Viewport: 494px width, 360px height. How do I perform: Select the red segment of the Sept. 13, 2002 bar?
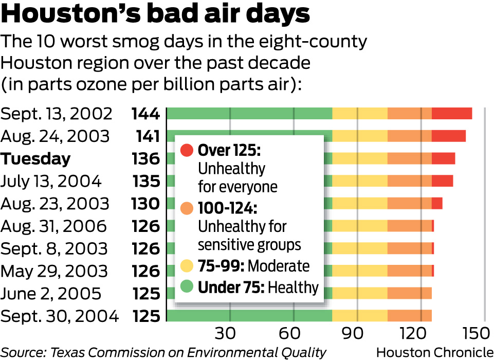tap(451, 114)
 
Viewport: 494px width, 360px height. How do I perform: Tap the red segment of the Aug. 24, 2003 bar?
tap(448, 136)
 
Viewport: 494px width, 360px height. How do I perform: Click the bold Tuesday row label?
tap(35, 159)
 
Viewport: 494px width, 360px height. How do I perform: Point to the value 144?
tap(145, 114)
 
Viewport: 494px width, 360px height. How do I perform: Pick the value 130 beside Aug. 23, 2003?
tap(145, 204)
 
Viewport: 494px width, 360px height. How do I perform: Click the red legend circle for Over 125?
tap(187, 151)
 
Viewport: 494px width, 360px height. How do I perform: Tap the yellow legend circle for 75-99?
tap(187, 266)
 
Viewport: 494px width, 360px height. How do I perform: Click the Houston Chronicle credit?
tap(435, 352)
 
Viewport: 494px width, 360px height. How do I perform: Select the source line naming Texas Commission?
tap(163, 352)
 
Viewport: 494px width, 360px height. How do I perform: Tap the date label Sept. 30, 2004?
tap(60, 316)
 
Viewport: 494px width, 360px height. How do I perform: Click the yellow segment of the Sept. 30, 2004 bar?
tap(360, 316)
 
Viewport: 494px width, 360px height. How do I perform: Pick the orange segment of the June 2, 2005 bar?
tap(409, 293)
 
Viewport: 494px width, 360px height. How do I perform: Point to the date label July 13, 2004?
tap(51, 182)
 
